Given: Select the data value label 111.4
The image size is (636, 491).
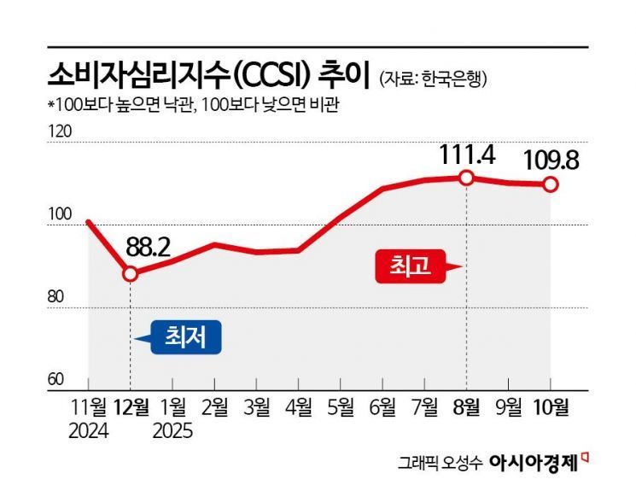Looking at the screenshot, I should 467,155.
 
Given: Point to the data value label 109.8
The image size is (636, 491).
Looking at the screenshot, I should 551,159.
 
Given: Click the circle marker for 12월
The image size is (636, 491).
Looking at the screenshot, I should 130,274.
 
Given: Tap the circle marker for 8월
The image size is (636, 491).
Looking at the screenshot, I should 466,178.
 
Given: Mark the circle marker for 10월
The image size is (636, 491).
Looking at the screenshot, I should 551,184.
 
